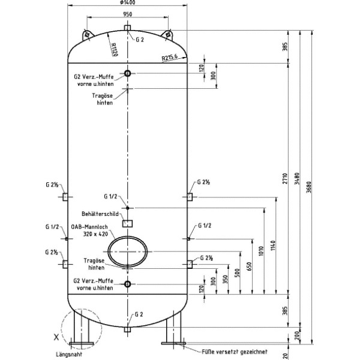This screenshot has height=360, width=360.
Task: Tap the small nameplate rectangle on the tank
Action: coord(127,223)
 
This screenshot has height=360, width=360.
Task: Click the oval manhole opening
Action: coord(128,251)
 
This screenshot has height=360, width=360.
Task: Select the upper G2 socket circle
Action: coord(127,74)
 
